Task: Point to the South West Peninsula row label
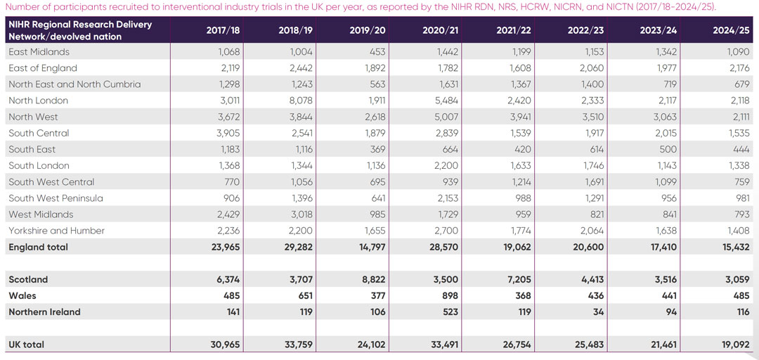tap(56, 198)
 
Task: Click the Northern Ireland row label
tap(44, 312)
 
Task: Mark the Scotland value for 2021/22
tap(517, 280)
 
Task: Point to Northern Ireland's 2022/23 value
tap(596, 312)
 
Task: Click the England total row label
tap(38, 247)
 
